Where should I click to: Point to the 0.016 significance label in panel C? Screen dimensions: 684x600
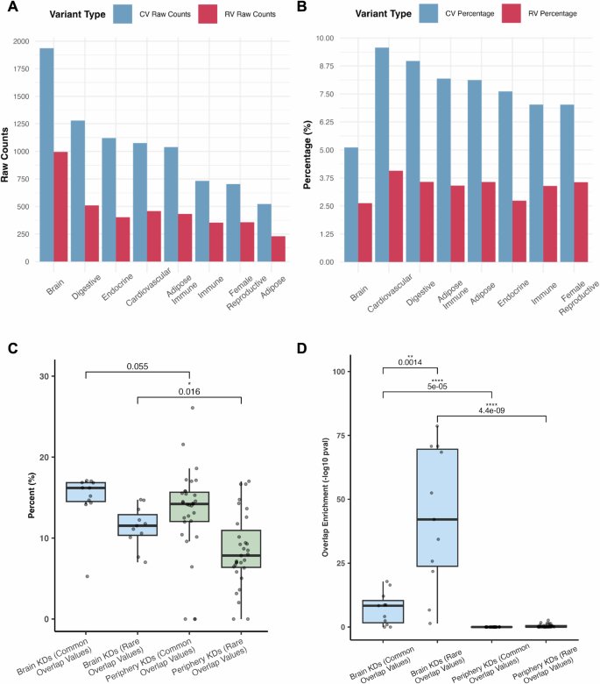(190, 393)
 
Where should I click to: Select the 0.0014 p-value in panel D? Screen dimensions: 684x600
(410, 361)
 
